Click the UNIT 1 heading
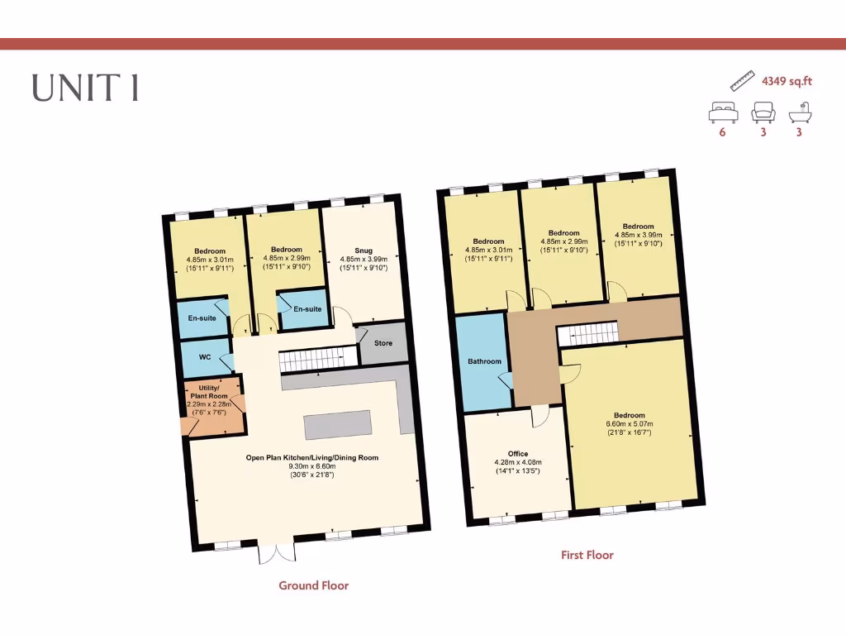pyautogui.click(x=85, y=88)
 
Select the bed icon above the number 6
pyautogui.click(x=722, y=112)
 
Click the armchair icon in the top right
pyautogui.click(x=763, y=112)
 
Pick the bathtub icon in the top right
pyautogui.click(x=799, y=112)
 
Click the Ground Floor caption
pyautogui.click(x=313, y=585)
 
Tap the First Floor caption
pyautogui.click(x=587, y=555)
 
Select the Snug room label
pyautogui.click(x=364, y=250)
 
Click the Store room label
pyautogui.click(x=383, y=342)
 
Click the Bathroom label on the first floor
pyautogui.click(x=484, y=361)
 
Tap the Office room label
pyautogui.click(x=518, y=454)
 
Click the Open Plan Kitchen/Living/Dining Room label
pyautogui.click(x=311, y=457)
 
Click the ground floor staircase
pyautogui.click(x=310, y=361)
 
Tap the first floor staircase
pyautogui.click(x=587, y=334)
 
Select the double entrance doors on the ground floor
pyautogui.click(x=277, y=552)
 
